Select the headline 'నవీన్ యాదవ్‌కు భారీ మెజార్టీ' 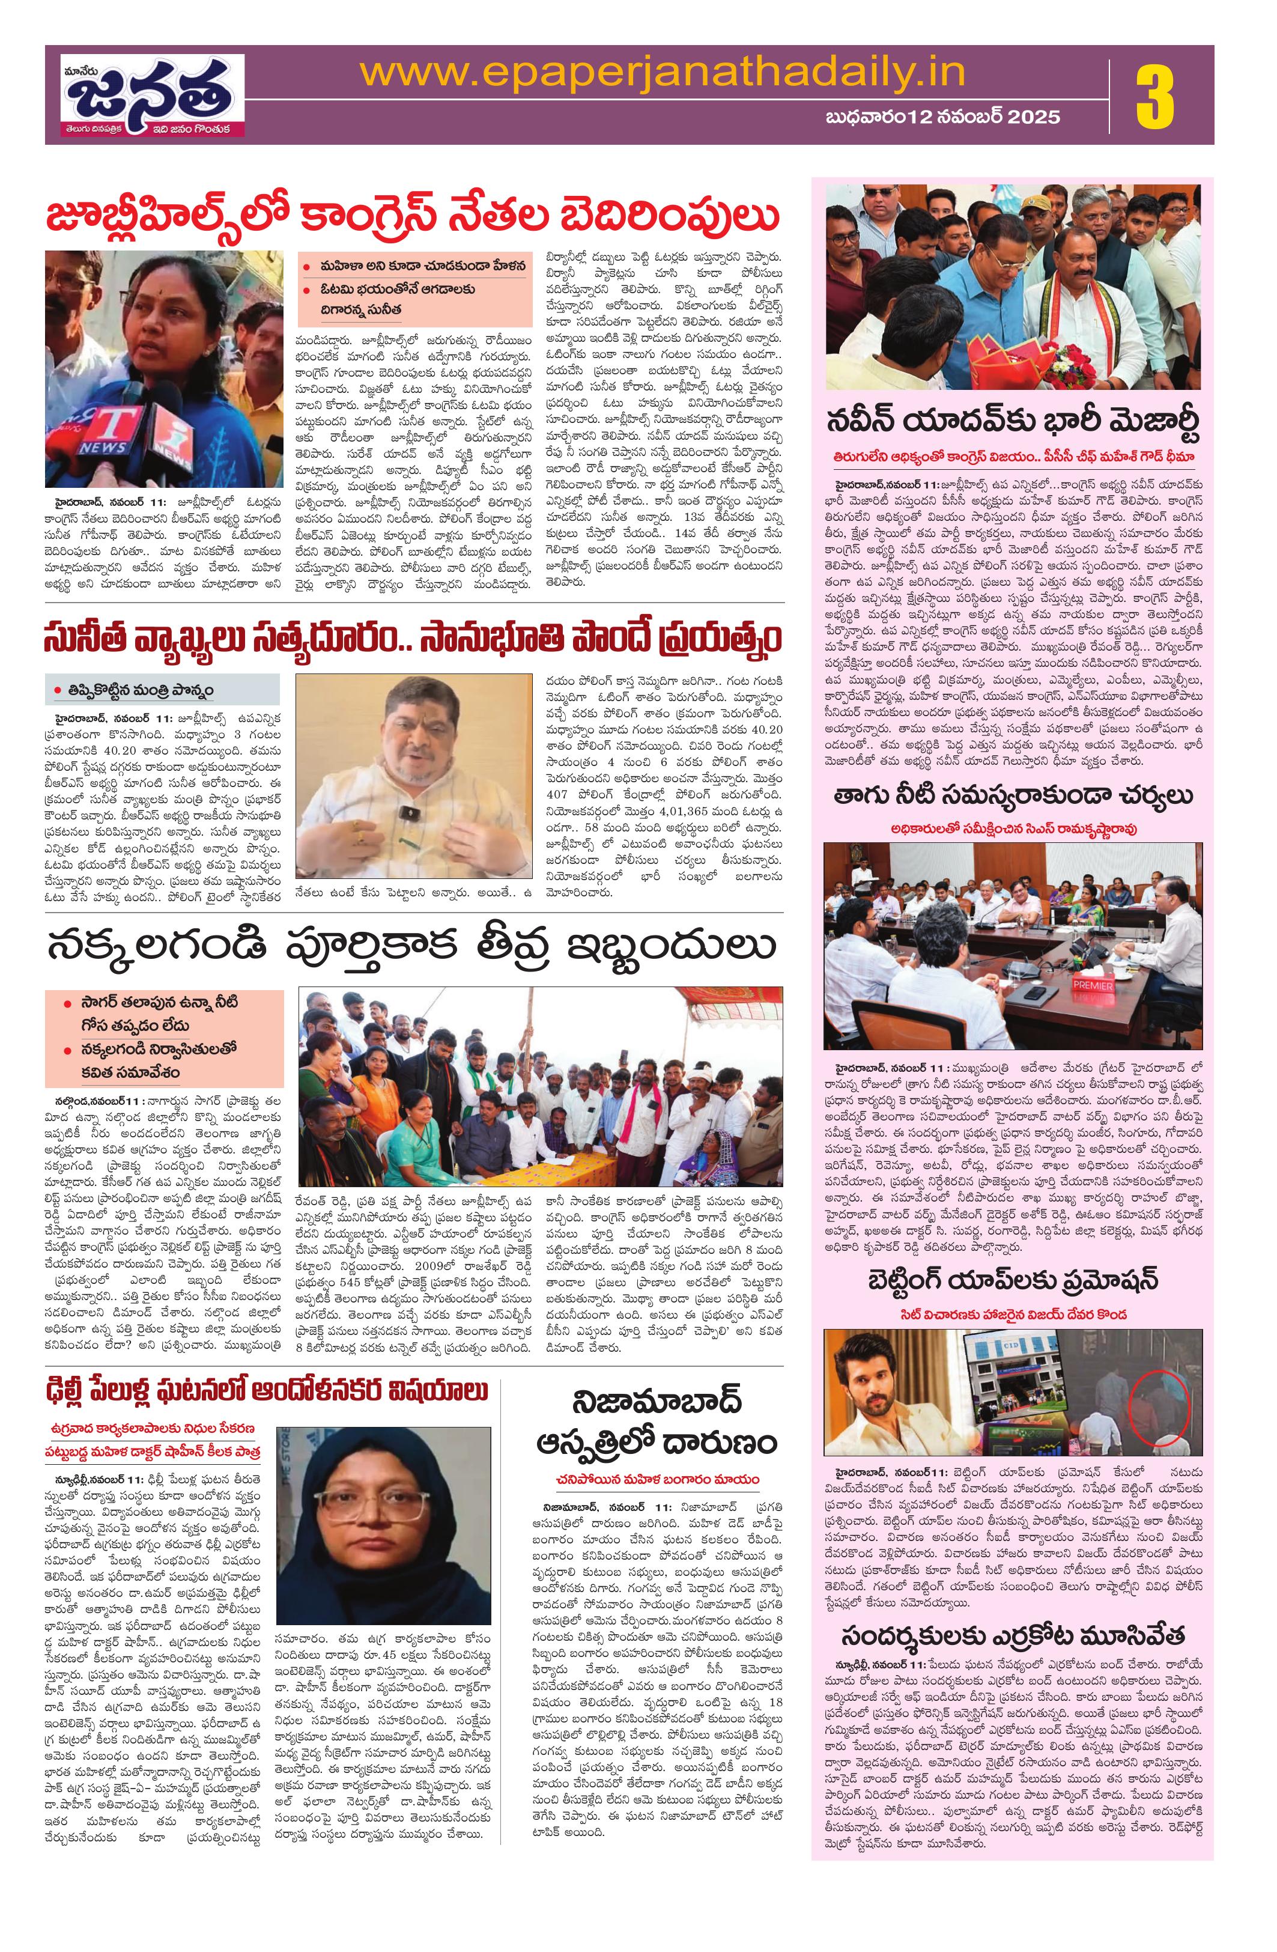tap(1006, 422)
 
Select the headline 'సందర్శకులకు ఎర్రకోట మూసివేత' tap(1006, 1611)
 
